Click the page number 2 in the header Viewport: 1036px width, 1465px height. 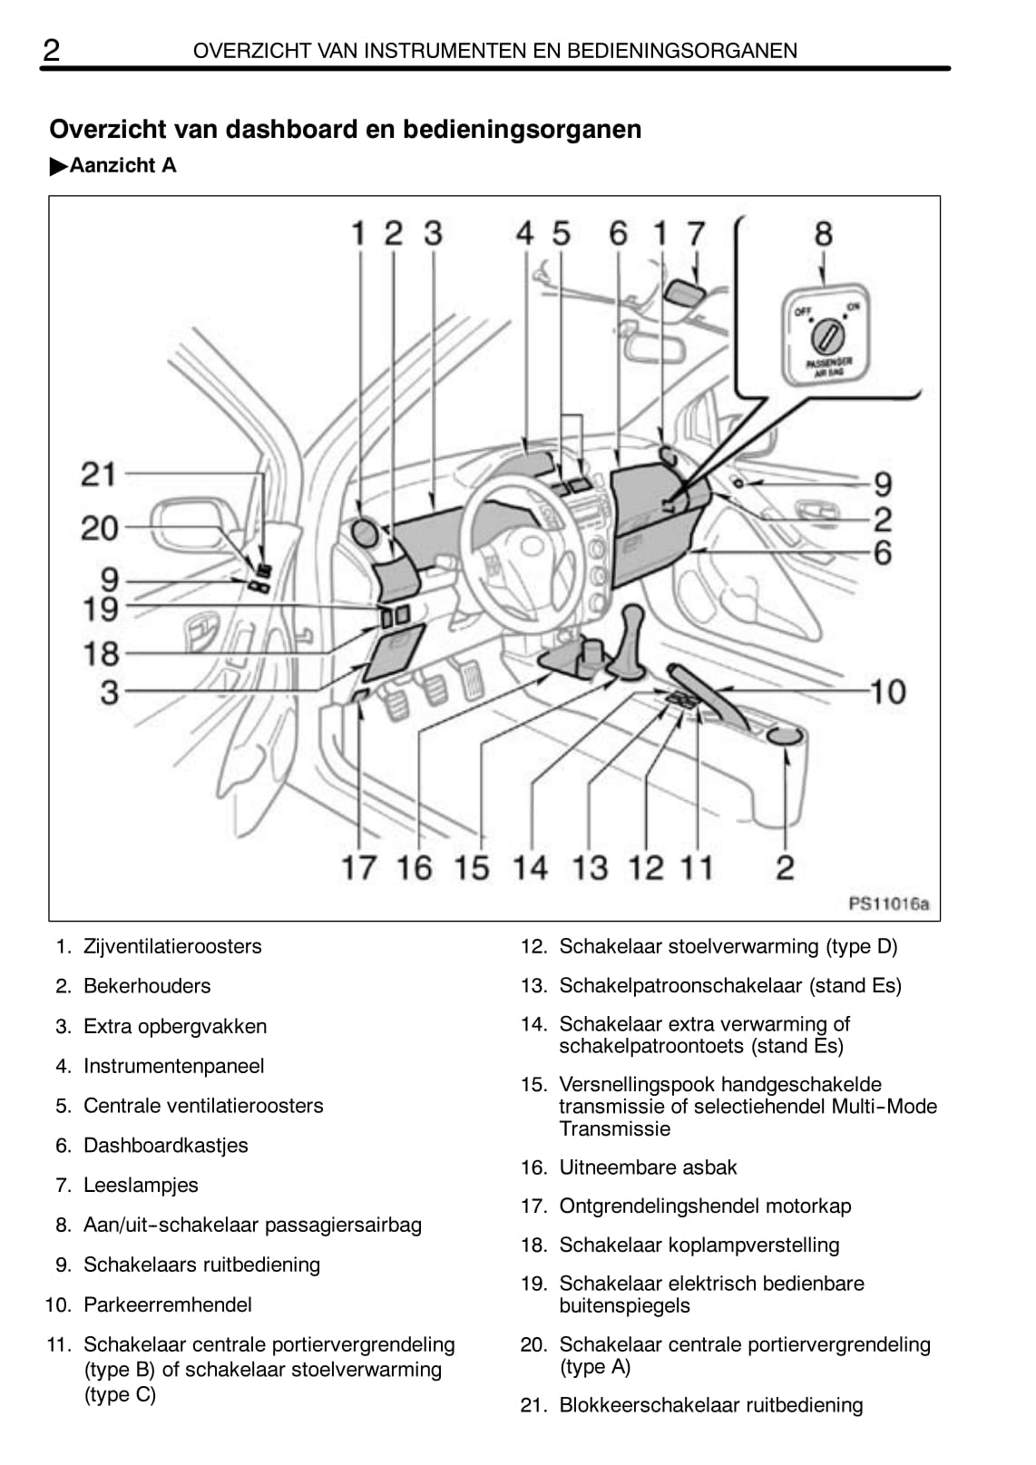(52, 51)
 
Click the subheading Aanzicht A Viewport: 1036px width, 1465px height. (122, 166)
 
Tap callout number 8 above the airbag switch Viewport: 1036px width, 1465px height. (823, 234)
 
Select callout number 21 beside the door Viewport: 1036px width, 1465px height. (99, 474)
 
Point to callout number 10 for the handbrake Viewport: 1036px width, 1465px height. (887, 692)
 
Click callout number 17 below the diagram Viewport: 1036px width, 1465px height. (358, 867)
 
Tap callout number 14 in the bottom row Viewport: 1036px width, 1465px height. (531, 867)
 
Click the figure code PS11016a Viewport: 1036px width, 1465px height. (888, 903)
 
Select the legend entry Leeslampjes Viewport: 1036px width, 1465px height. (141, 1185)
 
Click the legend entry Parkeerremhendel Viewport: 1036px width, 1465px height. (168, 1304)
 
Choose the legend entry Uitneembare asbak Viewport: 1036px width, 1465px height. (648, 1167)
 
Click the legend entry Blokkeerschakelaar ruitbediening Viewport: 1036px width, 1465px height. (710, 1405)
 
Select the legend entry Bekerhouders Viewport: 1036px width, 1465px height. (147, 986)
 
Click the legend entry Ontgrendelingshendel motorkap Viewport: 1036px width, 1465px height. (705, 1206)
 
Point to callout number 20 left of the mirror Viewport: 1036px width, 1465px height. (99, 528)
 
